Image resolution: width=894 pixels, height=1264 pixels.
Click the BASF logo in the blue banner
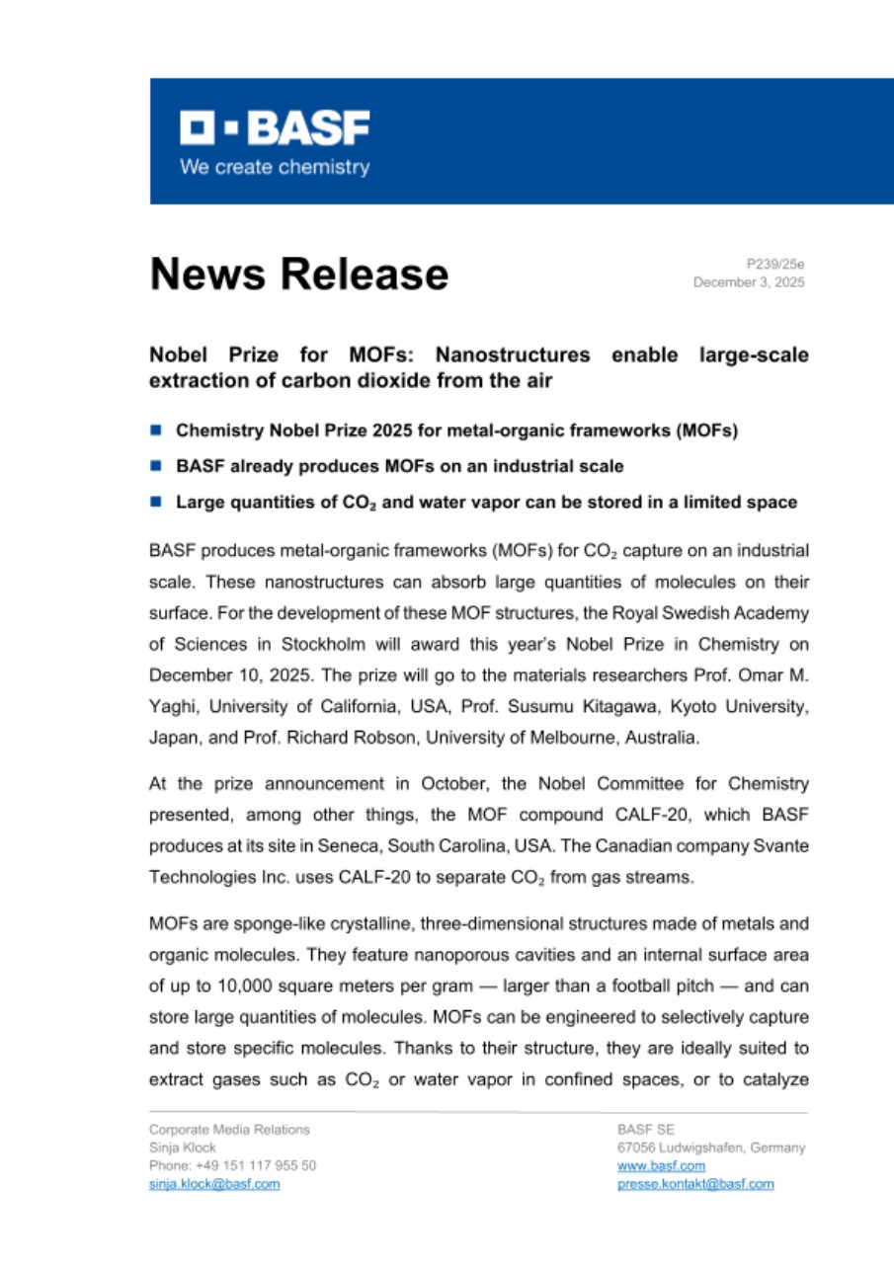(x=275, y=128)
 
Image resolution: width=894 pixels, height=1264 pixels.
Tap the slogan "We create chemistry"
(x=275, y=167)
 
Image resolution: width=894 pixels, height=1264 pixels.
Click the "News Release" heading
(x=298, y=274)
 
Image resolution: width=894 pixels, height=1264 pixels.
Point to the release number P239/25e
(x=775, y=265)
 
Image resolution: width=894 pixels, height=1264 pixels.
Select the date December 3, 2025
(x=749, y=282)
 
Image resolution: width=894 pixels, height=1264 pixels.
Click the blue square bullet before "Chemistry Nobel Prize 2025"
(x=156, y=431)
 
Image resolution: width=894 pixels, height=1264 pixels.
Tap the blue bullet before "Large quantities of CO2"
(x=156, y=502)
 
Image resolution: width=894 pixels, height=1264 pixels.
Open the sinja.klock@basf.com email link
(x=213, y=1184)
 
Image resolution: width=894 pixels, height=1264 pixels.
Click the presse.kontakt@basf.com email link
(x=694, y=1184)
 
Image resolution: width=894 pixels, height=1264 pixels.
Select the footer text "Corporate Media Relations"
(x=229, y=1130)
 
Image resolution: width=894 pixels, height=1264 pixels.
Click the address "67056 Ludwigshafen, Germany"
(x=710, y=1148)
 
